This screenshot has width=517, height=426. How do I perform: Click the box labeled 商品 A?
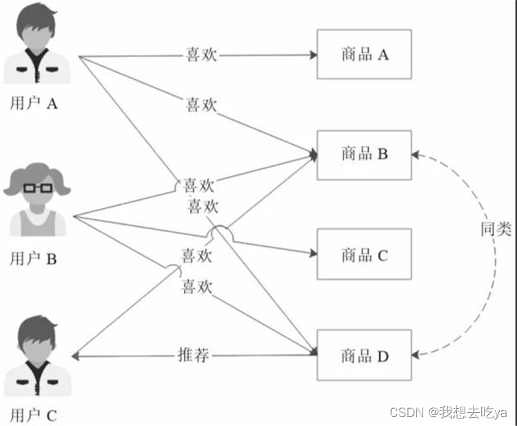pos(364,54)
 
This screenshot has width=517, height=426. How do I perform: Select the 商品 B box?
pos(364,155)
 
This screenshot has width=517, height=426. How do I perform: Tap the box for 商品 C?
pos(364,254)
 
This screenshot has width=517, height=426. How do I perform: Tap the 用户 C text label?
pos(33,415)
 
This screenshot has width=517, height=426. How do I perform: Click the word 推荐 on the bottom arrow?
pos(193,356)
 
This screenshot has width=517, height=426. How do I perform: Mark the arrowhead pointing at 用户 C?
pos(77,356)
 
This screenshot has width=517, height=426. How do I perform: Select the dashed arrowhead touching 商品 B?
pos(416,155)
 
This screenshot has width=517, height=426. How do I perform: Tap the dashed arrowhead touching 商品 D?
pos(416,356)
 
